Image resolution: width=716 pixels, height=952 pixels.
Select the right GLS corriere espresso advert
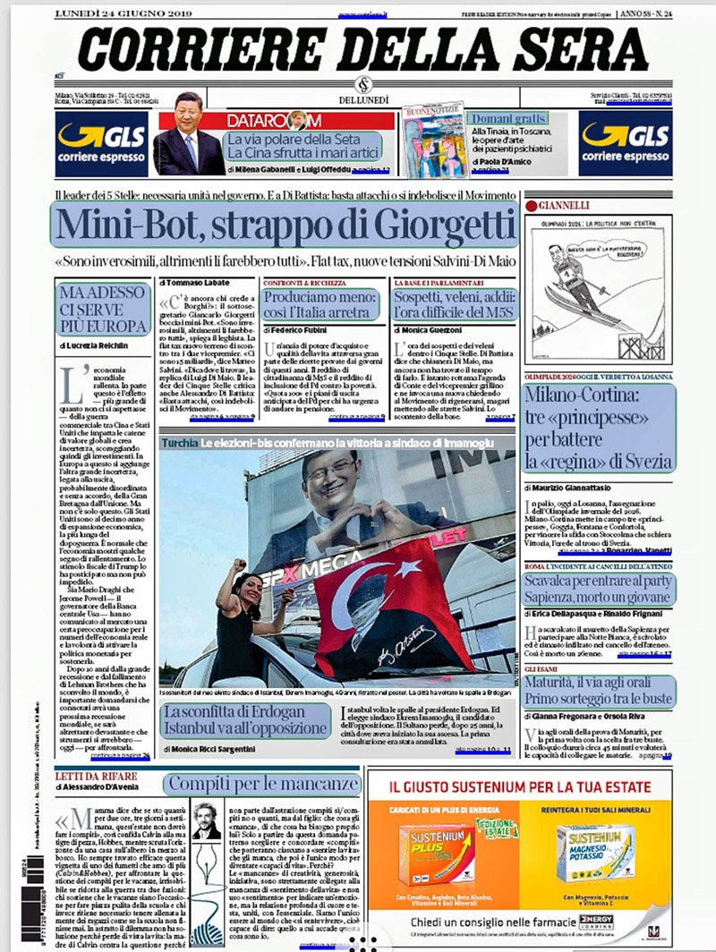(624, 143)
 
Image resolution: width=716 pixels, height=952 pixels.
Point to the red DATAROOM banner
(309, 120)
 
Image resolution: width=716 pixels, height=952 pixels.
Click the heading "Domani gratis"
(507, 118)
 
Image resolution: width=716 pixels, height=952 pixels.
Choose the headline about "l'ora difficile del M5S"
(455, 305)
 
